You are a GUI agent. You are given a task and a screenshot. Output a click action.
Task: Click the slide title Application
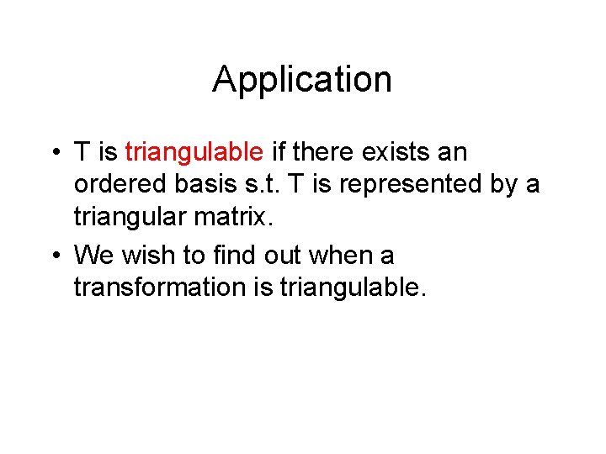pos(302,80)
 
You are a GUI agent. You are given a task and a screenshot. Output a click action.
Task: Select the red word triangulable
pos(194,153)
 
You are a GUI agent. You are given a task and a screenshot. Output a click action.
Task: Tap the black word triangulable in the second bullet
pos(353,288)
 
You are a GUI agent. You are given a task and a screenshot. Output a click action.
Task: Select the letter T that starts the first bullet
pos(82,153)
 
